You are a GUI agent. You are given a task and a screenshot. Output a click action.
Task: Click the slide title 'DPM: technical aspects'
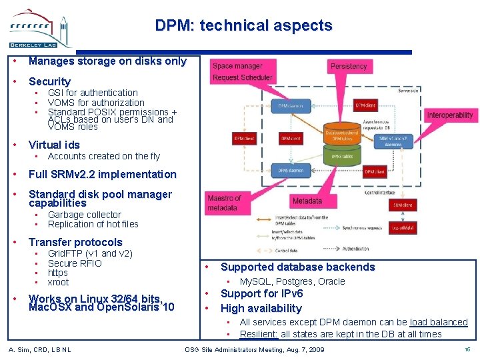[243, 25]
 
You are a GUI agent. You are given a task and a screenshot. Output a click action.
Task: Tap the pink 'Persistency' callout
[349, 67]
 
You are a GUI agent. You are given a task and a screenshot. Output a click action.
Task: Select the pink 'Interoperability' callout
[450, 115]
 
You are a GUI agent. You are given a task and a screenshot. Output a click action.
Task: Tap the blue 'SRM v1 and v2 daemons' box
[393, 141]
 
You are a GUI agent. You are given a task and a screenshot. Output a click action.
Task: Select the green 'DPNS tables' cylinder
[342, 156]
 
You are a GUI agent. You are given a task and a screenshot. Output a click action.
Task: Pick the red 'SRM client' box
[402, 205]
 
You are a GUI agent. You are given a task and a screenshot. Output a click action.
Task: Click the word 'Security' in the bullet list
[49, 81]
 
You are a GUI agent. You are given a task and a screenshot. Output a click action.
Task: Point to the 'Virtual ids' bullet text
[54, 145]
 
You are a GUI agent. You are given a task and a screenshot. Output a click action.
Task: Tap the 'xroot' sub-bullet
[58, 282]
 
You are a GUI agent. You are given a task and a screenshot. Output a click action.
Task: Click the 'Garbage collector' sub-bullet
[84, 215]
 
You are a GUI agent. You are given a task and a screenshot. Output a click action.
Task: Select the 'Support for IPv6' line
[261, 293]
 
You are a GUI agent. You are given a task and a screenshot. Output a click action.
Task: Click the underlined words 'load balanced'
[438, 322]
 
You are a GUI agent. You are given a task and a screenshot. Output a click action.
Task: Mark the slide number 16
[466, 349]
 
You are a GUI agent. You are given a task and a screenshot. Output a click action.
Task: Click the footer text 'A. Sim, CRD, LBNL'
[40, 349]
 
